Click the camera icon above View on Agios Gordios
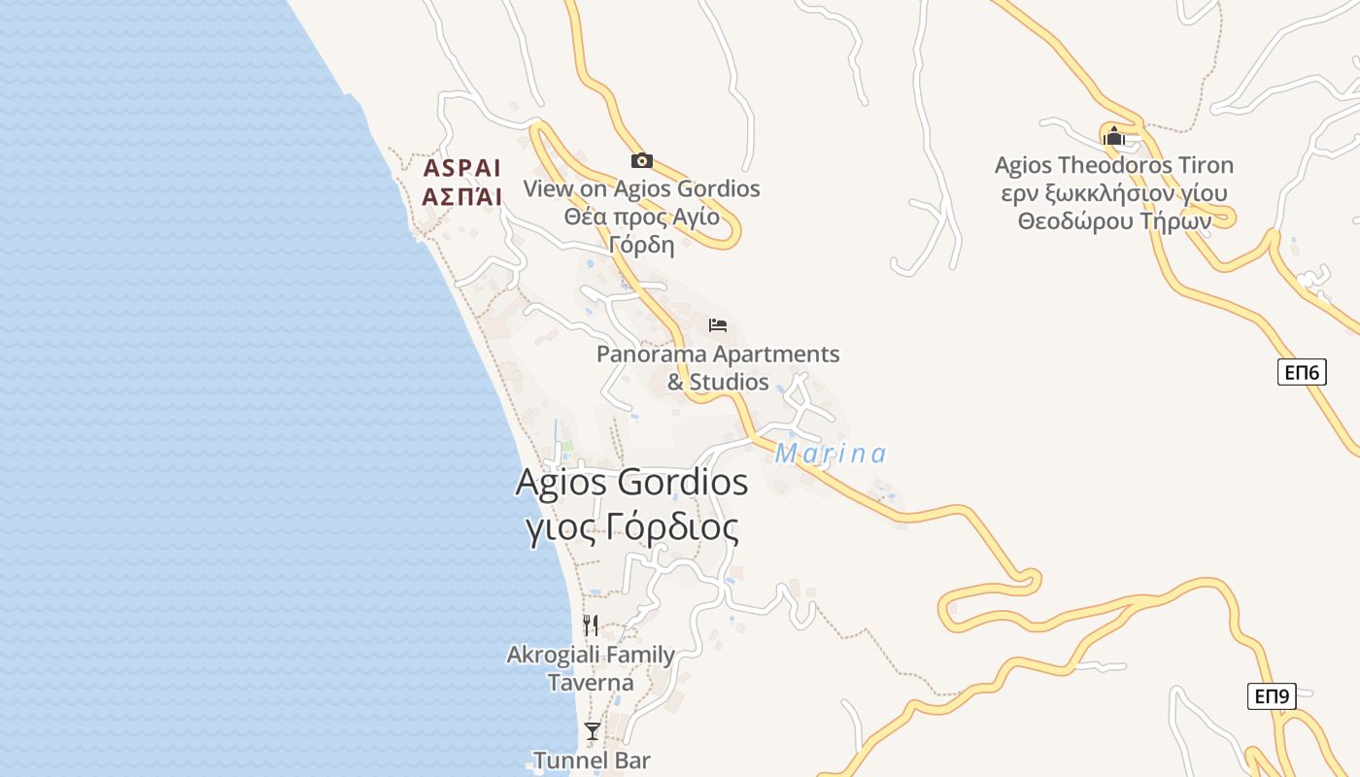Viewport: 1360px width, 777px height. pos(641,160)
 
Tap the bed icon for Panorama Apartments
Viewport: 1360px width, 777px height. pos(718,325)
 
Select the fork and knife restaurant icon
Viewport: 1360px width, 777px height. pos(591,625)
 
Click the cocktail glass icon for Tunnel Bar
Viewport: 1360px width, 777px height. pos(592,730)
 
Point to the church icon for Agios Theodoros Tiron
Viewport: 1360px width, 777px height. pos(1113,136)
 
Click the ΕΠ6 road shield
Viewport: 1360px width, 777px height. pos(1302,372)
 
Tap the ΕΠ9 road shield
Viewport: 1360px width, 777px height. pos(1272,695)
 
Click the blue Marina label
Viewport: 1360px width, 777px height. pos(831,454)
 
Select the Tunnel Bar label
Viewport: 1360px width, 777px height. pos(592,760)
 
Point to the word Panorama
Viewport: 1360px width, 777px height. pos(651,354)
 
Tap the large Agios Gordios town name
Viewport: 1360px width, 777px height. pos(631,483)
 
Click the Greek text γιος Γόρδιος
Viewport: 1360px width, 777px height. pos(631,527)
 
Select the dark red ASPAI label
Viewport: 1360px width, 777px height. pos(461,167)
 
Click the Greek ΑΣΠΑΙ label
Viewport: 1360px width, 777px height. pos(461,197)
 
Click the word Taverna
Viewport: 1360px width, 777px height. pos(591,683)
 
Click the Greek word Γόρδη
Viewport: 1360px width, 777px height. pos(641,244)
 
